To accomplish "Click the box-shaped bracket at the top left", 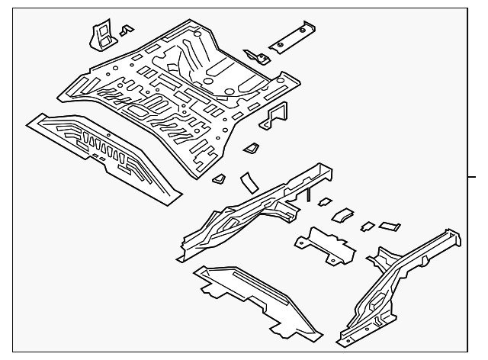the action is point(99,34).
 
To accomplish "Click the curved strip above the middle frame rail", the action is point(248,182).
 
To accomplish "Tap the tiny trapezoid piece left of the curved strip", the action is point(219,178).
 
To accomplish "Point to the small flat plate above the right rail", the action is point(390,225).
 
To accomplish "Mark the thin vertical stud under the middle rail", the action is point(308,197).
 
